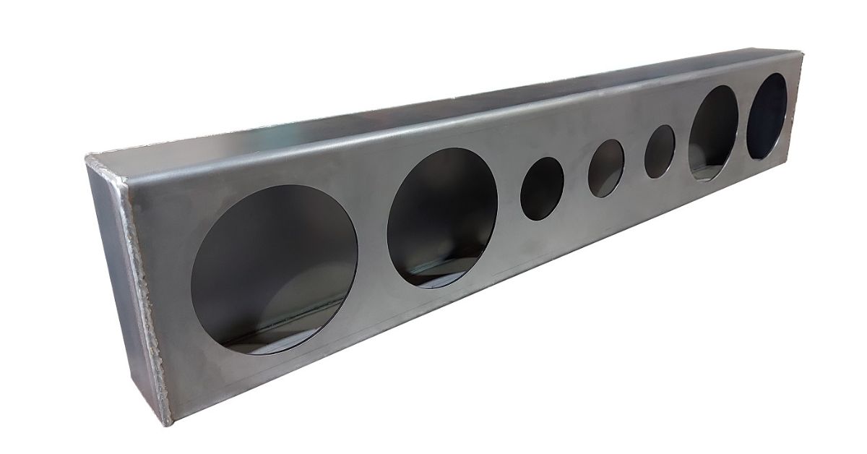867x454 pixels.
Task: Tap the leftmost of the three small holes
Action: [542, 189]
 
